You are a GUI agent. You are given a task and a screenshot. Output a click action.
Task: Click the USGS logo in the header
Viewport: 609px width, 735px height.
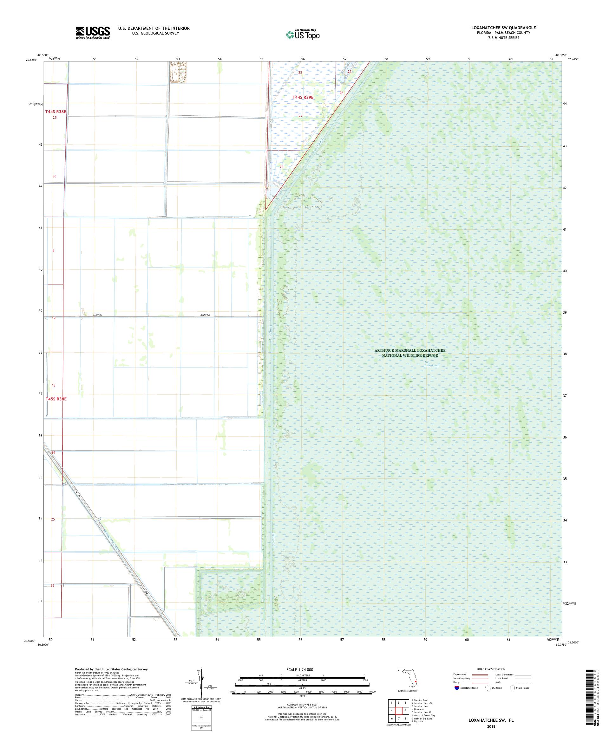(x=93, y=33)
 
